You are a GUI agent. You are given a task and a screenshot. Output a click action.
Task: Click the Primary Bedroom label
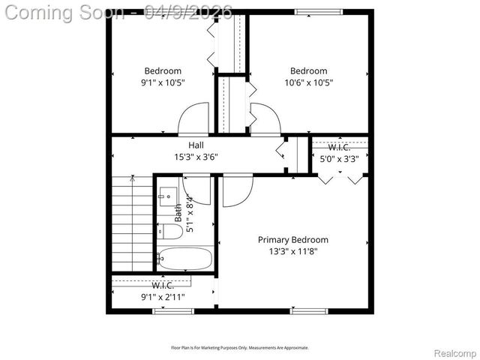point(292,240)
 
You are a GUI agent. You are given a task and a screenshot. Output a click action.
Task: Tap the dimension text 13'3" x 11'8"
point(292,251)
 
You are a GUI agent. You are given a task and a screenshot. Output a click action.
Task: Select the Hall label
point(196,145)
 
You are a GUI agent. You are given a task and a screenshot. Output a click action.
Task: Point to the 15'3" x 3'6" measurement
point(196,157)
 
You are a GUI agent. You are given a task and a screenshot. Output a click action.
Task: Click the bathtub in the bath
point(185,259)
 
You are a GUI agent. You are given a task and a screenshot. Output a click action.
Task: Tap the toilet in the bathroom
point(170,232)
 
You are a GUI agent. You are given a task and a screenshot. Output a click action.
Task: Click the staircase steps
point(132,225)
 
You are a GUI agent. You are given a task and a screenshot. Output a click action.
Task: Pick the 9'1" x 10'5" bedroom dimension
point(163,82)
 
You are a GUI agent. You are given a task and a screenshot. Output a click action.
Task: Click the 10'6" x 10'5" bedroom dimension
point(308,82)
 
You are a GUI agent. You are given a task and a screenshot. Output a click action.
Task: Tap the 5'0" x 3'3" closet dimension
point(339,158)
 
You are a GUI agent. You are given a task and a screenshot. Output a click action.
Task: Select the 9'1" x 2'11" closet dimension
point(163,296)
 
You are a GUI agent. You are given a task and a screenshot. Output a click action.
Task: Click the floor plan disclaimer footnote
point(240,347)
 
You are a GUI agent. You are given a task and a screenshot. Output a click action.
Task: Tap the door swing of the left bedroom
point(192,120)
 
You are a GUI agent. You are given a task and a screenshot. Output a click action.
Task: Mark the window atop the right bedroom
point(309,11)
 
